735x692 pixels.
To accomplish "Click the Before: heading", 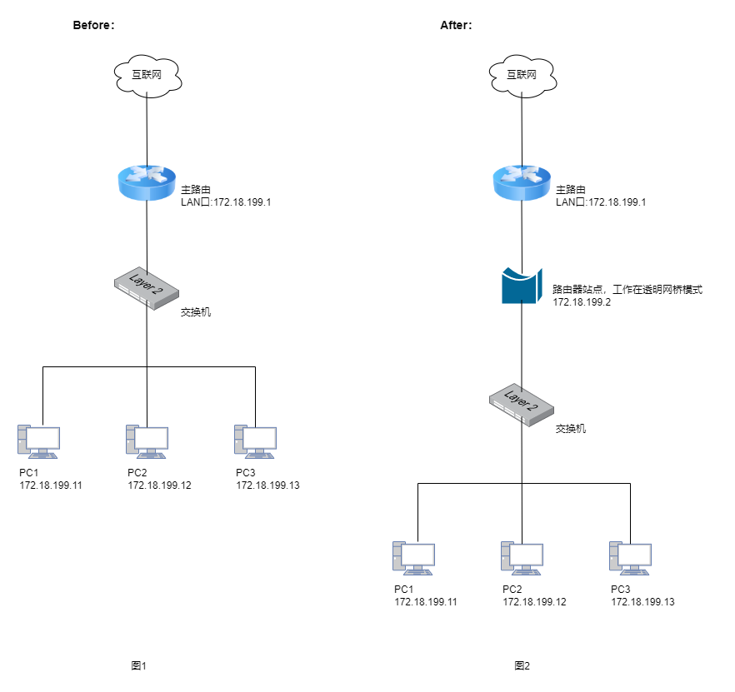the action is click(x=93, y=25).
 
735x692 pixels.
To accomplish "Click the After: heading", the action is click(x=456, y=25).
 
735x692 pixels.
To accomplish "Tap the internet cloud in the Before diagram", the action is click(x=147, y=76).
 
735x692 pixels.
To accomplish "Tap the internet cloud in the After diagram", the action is click(x=522, y=76).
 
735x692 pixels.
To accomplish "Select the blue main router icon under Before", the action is click(x=147, y=182).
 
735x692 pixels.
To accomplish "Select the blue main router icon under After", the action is click(x=522, y=182).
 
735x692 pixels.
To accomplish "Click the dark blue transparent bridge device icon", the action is click(x=522, y=286).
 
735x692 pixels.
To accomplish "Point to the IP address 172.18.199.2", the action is click(x=582, y=302).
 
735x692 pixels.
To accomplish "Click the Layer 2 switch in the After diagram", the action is click(x=522, y=406).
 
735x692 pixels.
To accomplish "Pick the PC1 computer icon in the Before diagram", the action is click(x=39, y=442).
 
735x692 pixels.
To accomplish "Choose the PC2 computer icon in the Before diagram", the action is click(x=147, y=442).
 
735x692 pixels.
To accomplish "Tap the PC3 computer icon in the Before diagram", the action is click(x=256, y=442).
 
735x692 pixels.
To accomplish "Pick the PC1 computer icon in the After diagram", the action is click(x=414, y=559).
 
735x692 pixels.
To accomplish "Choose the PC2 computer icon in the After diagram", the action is click(x=522, y=559).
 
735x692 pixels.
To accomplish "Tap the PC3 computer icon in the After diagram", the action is click(x=631, y=559).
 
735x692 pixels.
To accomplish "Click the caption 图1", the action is click(x=138, y=665).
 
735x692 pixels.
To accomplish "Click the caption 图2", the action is click(x=522, y=665).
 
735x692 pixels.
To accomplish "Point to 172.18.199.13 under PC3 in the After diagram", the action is click(x=642, y=602).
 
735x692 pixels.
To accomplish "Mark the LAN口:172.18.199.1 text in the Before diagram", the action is click(x=226, y=202).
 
